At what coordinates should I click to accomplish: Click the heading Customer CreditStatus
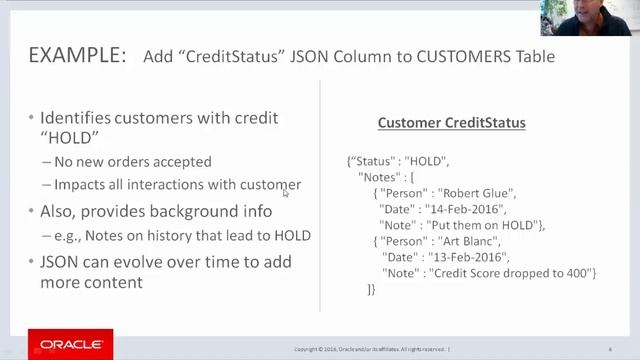click(x=451, y=123)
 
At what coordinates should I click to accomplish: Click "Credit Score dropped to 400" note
click(x=514, y=273)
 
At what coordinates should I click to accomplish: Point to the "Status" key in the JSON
click(x=371, y=161)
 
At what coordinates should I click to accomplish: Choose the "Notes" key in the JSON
click(x=378, y=177)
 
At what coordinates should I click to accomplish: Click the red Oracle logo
click(x=70, y=344)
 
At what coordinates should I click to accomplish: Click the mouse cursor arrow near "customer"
click(x=286, y=192)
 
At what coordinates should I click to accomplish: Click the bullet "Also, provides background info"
click(x=156, y=211)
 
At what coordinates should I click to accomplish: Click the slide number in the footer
click(x=609, y=349)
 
